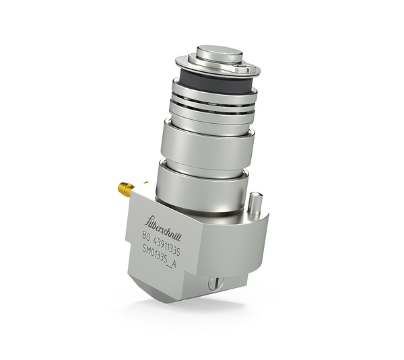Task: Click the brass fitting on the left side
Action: tap(125, 189)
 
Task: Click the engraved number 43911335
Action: tap(168, 244)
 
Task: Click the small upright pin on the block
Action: tap(254, 202)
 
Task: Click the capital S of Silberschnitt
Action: tap(149, 218)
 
